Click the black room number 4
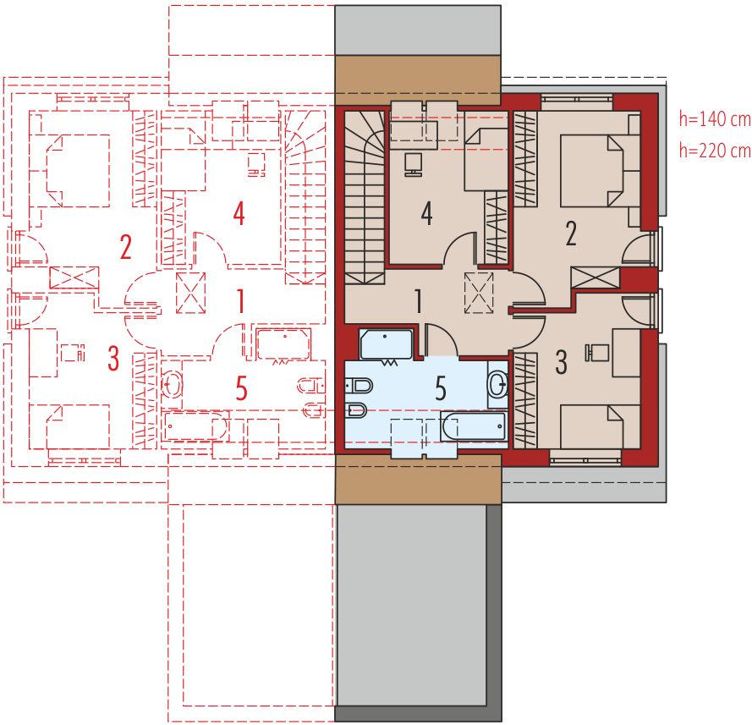coord(426,214)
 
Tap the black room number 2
coord(571,234)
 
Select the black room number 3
coord(561,362)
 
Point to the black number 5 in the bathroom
coord(441,388)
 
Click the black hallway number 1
coord(418,302)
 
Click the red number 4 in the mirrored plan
coord(239,214)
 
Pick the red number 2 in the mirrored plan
coord(125,247)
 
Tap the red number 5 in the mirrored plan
coord(241,388)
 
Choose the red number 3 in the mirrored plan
coord(113,358)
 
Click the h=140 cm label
coord(715,119)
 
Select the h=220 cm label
coord(715,151)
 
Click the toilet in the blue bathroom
coord(360,385)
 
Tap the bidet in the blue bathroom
coord(356,410)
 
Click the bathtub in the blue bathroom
coord(473,426)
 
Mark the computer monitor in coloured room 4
coord(413,164)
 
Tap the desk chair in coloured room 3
coord(596,353)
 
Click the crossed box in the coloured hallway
coord(479,293)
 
